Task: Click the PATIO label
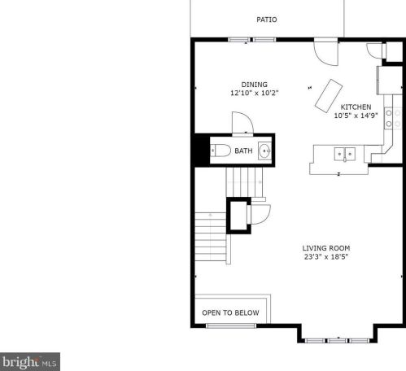[x=267, y=20]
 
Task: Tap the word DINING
[x=254, y=85]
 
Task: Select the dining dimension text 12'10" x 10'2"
[x=255, y=93]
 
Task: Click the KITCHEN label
[x=356, y=107]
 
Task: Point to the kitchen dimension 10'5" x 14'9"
[x=356, y=116]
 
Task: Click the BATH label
[x=243, y=151]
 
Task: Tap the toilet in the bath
[x=220, y=151]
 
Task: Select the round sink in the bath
[x=264, y=151]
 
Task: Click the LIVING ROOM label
[x=326, y=248]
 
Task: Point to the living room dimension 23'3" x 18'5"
[x=326, y=256]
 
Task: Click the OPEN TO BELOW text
[x=230, y=312]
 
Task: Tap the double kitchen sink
[x=344, y=154]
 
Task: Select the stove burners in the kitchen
[x=393, y=118]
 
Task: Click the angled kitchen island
[x=329, y=95]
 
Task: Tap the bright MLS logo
[x=30, y=362]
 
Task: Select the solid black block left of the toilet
[x=202, y=150]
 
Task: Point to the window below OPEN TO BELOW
[x=231, y=325]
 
